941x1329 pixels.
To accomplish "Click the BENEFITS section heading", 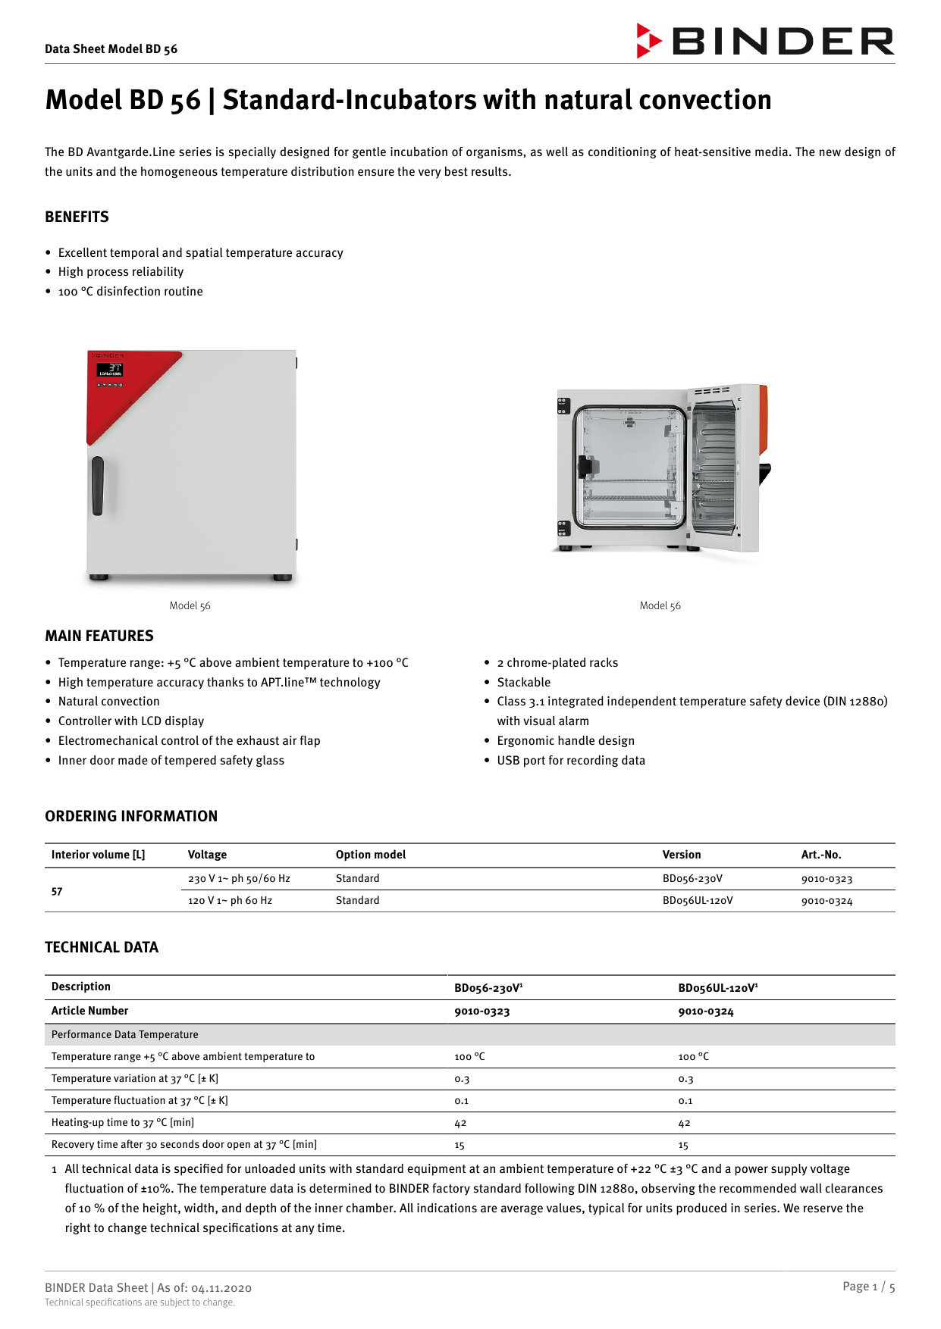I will pyautogui.click(x=77, y=217).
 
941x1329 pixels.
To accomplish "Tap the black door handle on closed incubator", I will pyautogui.click(x=98, y=486).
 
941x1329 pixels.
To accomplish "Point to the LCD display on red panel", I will pyautogui.click(x=111, y=370).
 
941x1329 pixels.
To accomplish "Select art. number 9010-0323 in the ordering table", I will pyautogui.click(x=827, y=879).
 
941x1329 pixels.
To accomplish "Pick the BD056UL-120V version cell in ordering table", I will pyautogui.click(x=697, y=900).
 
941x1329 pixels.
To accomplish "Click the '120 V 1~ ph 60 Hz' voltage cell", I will pyautogui.click(x=230, y=900).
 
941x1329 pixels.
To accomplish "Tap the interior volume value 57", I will pyautogui.click(x=57, y=891).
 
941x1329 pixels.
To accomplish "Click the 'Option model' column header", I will pyautogui.click(x=371, y=855).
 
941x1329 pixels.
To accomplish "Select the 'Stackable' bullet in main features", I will pyautogui.click(x=523, y=682).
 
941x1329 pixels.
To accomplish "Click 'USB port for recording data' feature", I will pyautogui.click(x=570, y=760).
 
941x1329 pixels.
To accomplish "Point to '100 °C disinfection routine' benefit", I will pyautogui.click(x=130, y=292).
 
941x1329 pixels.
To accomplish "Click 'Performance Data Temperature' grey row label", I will pyautogui.click(x=125, y=1034).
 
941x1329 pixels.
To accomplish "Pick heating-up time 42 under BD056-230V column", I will pyautogui.click(x=460, y=1123).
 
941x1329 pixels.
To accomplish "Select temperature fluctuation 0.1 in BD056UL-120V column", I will pyautogui.click(x=685, y=1101).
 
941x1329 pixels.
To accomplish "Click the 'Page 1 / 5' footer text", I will pyautogui.click(x=868, y=1286).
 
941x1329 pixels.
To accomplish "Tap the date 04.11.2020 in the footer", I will pyautogui.click(x=221, y=1287).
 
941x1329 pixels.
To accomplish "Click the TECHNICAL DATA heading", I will pyautogui.click(x=102, y=947).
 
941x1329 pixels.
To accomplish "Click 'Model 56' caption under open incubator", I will pyautogui.click(x=660, y=605).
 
